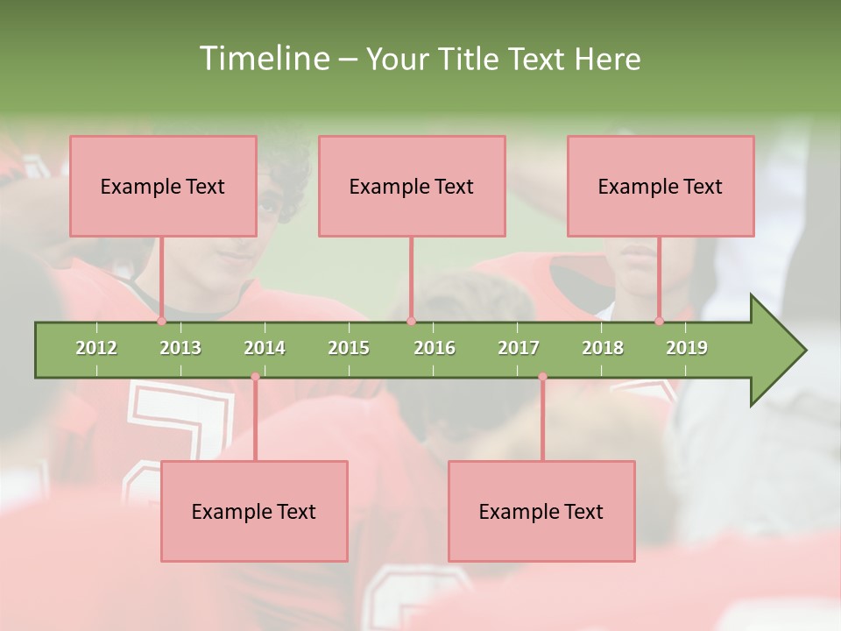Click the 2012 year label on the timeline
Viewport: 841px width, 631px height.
point(96,348)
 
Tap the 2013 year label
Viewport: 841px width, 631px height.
point(180,348)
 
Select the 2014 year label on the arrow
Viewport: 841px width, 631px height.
point(265,348)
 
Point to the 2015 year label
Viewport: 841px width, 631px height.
point(349,348)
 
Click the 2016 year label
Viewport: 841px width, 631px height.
point(435,348)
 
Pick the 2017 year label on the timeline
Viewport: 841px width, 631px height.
point(519,348)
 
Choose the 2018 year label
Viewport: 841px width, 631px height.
point(603,348)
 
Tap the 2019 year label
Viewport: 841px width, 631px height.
point(687,348)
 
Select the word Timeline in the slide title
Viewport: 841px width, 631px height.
point(262,59)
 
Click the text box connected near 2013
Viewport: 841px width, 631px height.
point(163,186)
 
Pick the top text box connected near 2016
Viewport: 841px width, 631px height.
point(412,186)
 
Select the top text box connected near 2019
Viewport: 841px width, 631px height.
point(661,186)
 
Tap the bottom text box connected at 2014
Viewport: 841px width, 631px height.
point(254,511)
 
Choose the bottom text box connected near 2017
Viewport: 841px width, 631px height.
point(541,511)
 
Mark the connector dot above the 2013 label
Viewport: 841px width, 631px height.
point(161,321)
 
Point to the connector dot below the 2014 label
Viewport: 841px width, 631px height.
point(255,377)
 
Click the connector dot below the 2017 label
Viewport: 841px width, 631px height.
point(542,377)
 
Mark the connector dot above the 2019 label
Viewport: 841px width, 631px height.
point(659,321)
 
